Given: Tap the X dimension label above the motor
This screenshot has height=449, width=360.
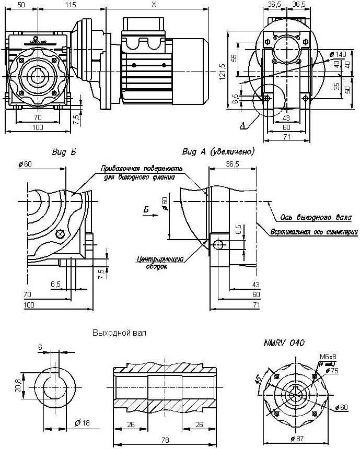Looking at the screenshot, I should (x=153, y=4).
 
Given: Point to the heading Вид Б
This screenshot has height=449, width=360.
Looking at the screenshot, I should (x=64, y=152).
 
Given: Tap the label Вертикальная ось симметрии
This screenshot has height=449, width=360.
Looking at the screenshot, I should (x=314, y=232).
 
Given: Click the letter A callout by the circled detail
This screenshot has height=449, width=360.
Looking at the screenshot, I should (x=242, y=126).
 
